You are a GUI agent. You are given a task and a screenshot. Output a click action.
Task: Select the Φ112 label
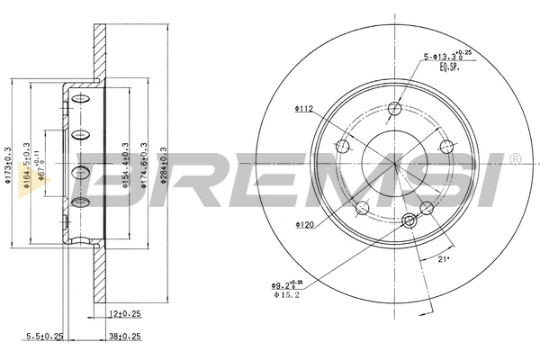click(x=301, y=111)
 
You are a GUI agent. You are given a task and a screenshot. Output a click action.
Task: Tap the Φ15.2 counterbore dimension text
click(x=287, y=293)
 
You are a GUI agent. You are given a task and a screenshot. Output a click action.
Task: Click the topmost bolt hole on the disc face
click(x=393, y=109)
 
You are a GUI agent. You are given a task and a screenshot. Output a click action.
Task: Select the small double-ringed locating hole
click(x=409, y=220)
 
